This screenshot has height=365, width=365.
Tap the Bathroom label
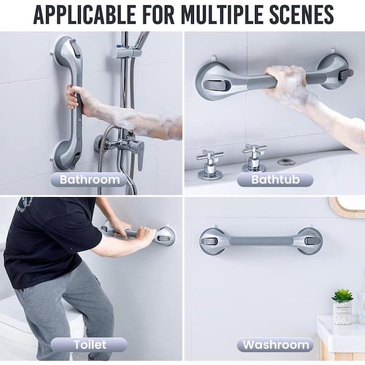(x=89, y=179)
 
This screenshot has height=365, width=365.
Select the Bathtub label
(x=274, y=179)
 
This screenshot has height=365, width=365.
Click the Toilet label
(x=89, y=344)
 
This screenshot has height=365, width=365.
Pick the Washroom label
(x=275, y=345)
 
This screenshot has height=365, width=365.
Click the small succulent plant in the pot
(x=342, y=296)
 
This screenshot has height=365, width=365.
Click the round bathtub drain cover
(x=287, y=162)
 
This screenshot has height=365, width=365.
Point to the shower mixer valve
(x=127, y=145)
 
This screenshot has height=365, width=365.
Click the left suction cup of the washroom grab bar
(x=213, y=240)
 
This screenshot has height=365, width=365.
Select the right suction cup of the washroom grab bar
(x=308, y=240)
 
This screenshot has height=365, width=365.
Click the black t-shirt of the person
(x=49, y=231)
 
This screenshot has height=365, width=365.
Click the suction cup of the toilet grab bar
(x=164, y=235)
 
